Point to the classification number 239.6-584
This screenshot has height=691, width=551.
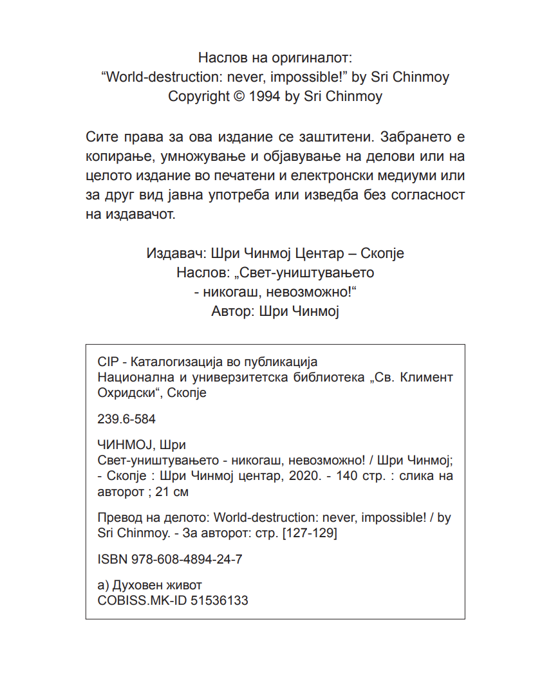pos(126,419)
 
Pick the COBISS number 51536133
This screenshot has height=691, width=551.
pos(219,600)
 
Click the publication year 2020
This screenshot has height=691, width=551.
pos(301,476)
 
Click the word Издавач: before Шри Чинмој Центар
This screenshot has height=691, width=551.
pos(173,253)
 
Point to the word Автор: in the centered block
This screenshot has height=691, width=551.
pos(232,312)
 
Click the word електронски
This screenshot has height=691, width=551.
pos(337,176)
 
